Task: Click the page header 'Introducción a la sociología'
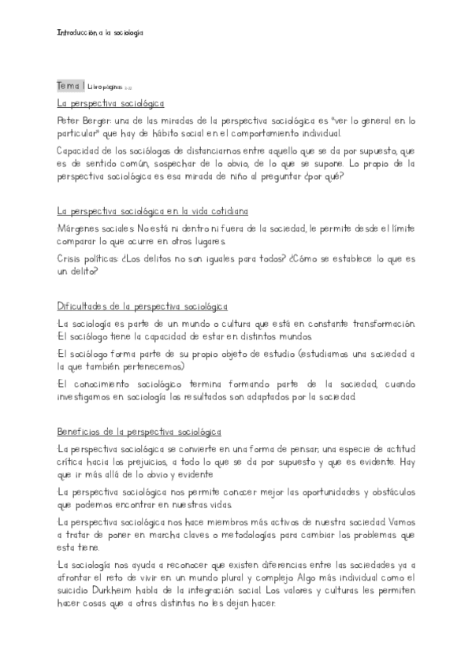100,33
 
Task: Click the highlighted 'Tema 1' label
71,85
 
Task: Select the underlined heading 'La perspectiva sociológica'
110,102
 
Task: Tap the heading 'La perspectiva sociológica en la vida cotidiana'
153,211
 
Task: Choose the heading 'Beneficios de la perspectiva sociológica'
139,432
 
